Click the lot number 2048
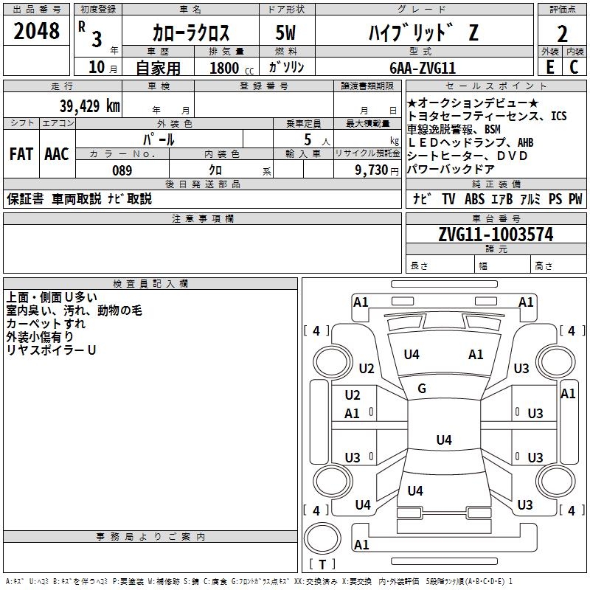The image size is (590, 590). point(36,32)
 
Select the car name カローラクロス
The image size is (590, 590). point(191,32)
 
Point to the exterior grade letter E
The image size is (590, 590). point(549,67)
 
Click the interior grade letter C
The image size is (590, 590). point(574,67)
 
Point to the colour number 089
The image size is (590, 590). point(122,170)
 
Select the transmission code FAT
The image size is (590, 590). point(21,154)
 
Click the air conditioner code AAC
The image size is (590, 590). point(57,154)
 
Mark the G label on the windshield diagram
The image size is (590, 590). point(422,389)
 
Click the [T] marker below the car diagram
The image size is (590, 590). point(322,564)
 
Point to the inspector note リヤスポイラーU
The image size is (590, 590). point(51,350)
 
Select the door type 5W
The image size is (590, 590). point(287,32)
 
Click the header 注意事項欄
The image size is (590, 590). point(202,219)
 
